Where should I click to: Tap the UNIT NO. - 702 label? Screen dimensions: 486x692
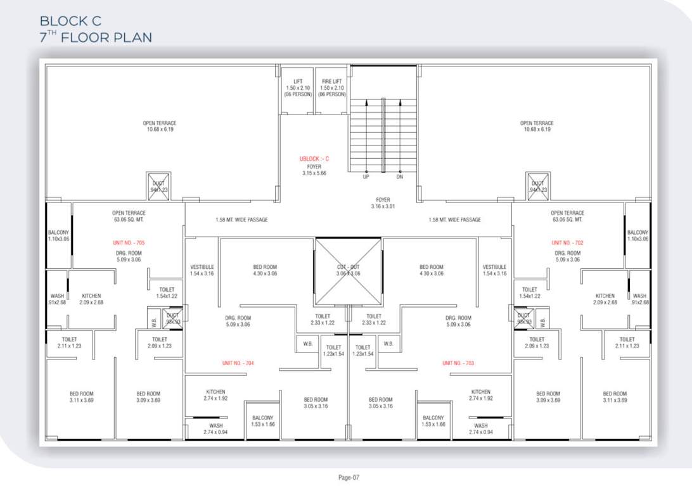pos(567,242)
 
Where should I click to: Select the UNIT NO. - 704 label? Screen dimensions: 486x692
pos(238,363)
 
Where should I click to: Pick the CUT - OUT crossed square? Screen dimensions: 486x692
pos(349,271)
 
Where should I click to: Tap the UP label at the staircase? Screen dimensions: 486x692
pos(366,177)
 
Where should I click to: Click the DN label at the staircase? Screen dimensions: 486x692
pos(400,177)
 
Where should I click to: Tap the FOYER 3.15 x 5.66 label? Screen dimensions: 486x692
pos(314,170)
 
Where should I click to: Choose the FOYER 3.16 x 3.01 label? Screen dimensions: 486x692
pos(382,203)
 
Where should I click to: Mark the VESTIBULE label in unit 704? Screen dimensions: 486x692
pos(202,270)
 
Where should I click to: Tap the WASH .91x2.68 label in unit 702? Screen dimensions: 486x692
pos(639,299)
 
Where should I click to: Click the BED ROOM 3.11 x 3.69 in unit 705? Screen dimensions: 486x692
pos(81,397)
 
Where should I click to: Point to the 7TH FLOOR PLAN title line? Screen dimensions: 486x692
pos(96,37)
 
